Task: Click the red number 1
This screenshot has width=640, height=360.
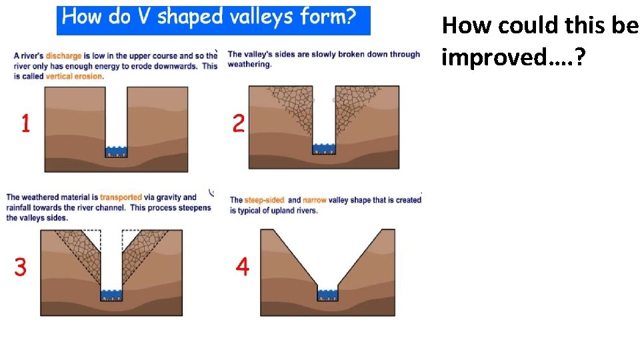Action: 25,123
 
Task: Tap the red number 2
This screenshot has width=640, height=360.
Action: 238,123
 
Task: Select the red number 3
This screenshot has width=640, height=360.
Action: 21,267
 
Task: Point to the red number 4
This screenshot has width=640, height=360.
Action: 243,267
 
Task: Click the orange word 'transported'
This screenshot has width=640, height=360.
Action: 121,197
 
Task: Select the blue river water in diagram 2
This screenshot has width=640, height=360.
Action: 325,147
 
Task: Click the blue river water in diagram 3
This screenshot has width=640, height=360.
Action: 111,294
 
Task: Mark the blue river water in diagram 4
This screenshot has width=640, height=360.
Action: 327,293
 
